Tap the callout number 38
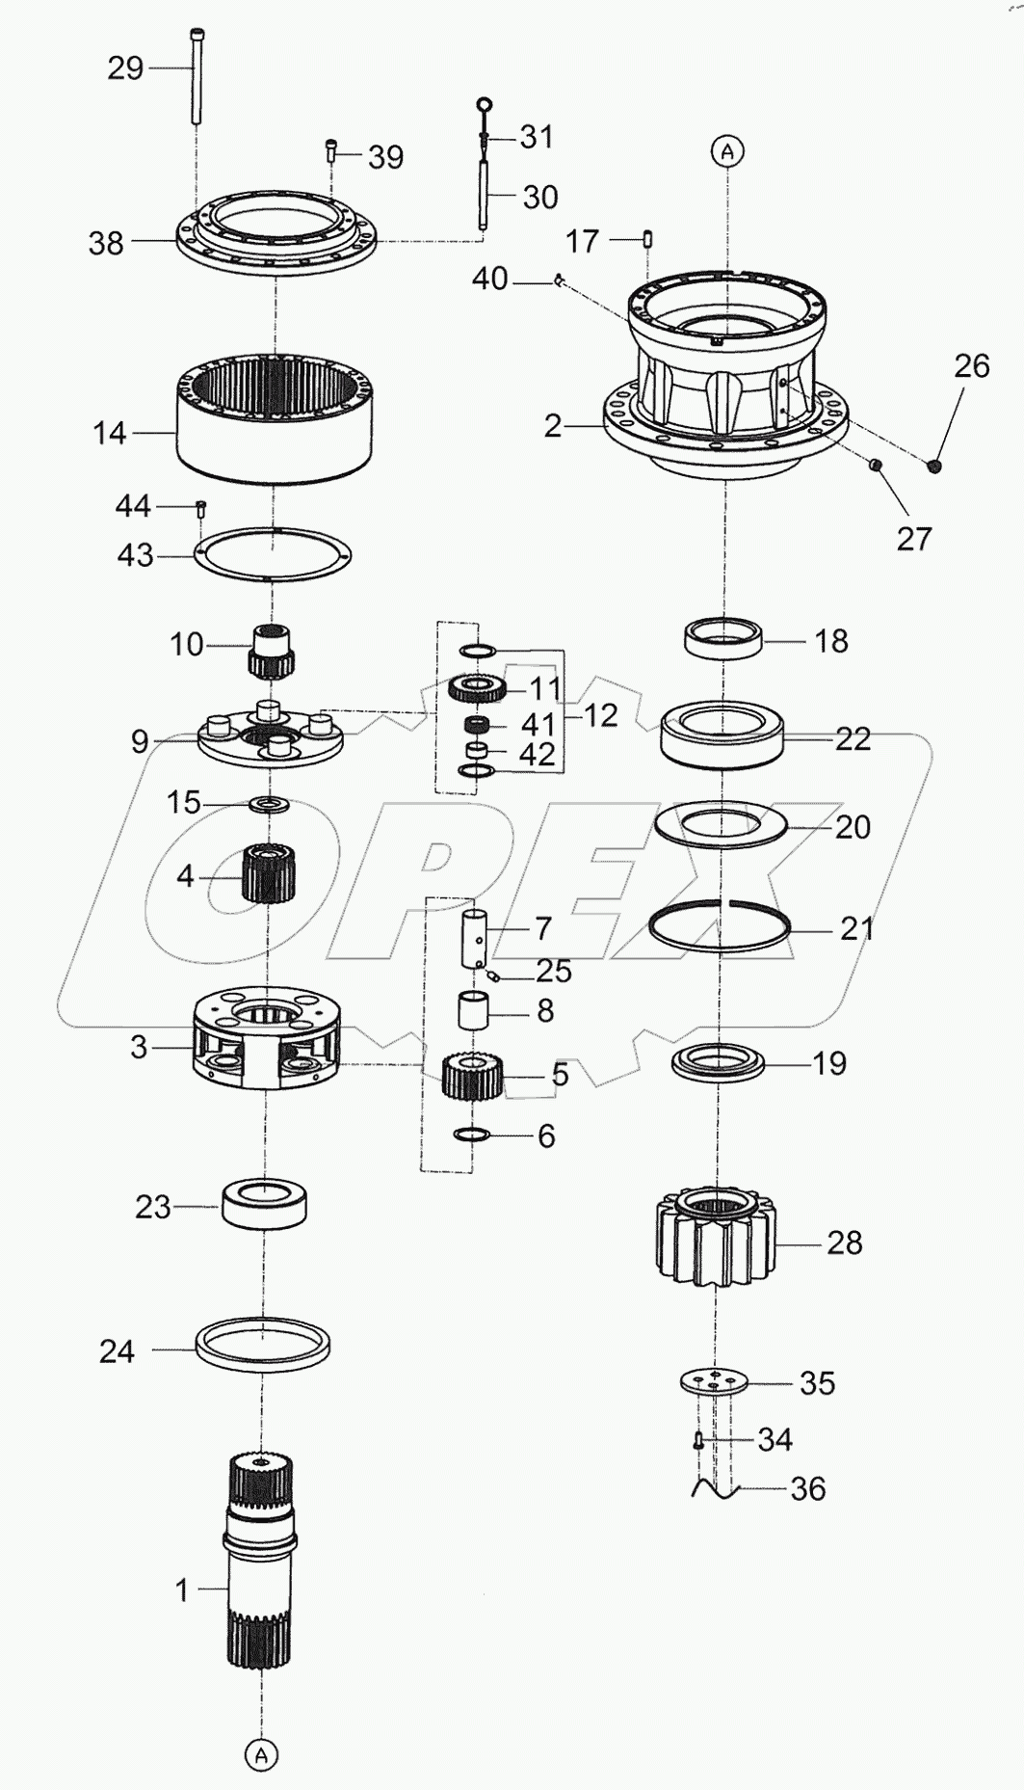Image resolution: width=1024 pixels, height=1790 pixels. point(106,244)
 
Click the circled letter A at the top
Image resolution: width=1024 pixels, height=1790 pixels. point(727,151)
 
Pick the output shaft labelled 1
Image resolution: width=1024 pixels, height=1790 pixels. point(261,1582)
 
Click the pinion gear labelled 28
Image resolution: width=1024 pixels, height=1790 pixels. point(715,1241)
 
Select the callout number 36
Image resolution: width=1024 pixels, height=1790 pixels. point(807,1489)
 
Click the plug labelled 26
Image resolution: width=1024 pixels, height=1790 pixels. point(934,468)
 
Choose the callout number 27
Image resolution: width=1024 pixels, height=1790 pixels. point(913,538)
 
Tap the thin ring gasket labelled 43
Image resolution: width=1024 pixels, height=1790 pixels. point(273,555)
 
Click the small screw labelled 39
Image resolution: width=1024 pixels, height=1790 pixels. point(331,150)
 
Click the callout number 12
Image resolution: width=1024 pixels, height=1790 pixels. point(599,714)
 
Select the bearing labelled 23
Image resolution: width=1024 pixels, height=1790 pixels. point(264,1204)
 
